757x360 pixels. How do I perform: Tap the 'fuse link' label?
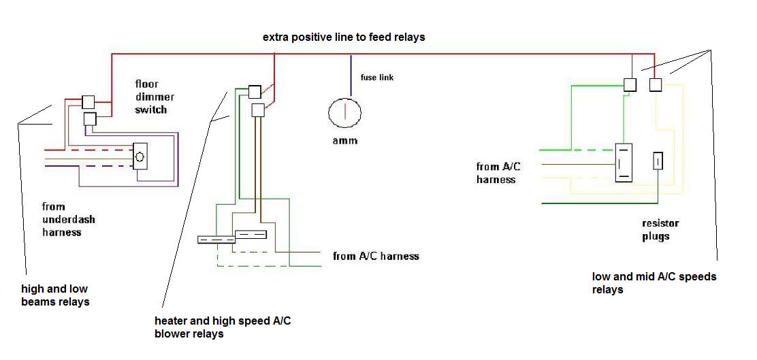point(377,77)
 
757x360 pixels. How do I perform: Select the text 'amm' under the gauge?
point(344,141)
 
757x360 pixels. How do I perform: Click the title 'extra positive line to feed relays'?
point(344,37)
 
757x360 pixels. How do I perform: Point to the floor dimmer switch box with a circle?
point(140,156)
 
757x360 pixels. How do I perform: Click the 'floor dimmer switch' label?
point(155,97)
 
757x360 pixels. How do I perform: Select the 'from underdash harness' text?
point(69,220)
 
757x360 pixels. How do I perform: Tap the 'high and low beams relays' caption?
point(56,295)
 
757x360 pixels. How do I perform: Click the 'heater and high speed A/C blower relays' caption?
point(223,327)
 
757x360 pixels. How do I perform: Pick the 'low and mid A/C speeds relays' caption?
point(654,283)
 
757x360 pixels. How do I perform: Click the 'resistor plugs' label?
point(660,230)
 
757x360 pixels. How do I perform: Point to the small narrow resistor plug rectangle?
point(658,161)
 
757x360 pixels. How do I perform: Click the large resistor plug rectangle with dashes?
point(624,163)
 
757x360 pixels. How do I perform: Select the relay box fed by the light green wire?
point(630,85)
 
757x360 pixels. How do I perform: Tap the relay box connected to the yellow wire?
point(655,85)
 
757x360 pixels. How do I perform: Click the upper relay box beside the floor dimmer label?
point(88,102)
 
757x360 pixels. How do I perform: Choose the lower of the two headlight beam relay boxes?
point(91,118)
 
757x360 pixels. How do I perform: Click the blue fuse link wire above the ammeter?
point(351,76)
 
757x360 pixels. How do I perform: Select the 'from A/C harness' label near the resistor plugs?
point(499,173)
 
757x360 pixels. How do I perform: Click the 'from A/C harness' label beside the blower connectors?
point(376,256)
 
